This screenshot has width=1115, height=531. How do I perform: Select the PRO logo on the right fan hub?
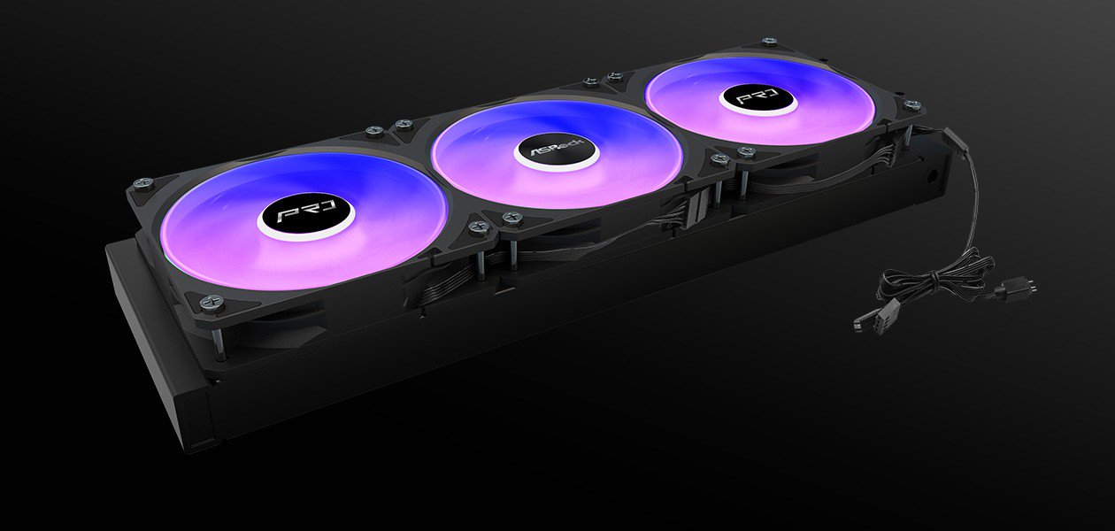(758, 96)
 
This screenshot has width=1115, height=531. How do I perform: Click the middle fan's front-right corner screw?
(719, 158)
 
